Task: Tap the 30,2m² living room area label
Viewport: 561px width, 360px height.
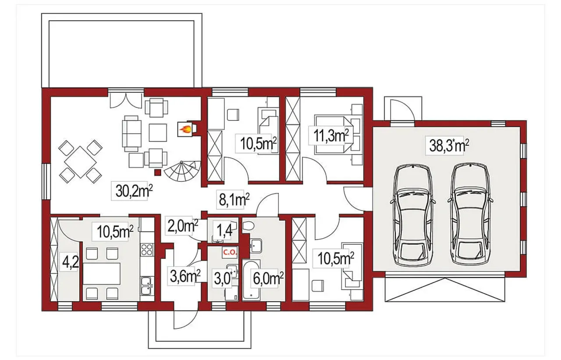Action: (134, 191)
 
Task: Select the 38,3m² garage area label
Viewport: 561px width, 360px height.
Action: (449, 145)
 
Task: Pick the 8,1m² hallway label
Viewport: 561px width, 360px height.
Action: (234, 200)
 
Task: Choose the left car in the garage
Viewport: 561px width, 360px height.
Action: (412, 216)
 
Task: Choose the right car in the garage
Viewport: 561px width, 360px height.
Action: (470, 216)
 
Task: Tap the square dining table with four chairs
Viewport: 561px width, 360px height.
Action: (80, 162)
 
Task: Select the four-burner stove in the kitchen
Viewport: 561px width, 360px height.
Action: (147, 249)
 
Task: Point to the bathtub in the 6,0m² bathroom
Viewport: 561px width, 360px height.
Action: (251, 280)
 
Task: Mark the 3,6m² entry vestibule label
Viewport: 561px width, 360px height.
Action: (185, 276)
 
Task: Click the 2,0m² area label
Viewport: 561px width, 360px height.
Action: (183, 226)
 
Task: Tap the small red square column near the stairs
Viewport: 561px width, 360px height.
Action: (157, 172)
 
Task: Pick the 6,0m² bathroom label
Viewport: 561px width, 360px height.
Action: (268, 279)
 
